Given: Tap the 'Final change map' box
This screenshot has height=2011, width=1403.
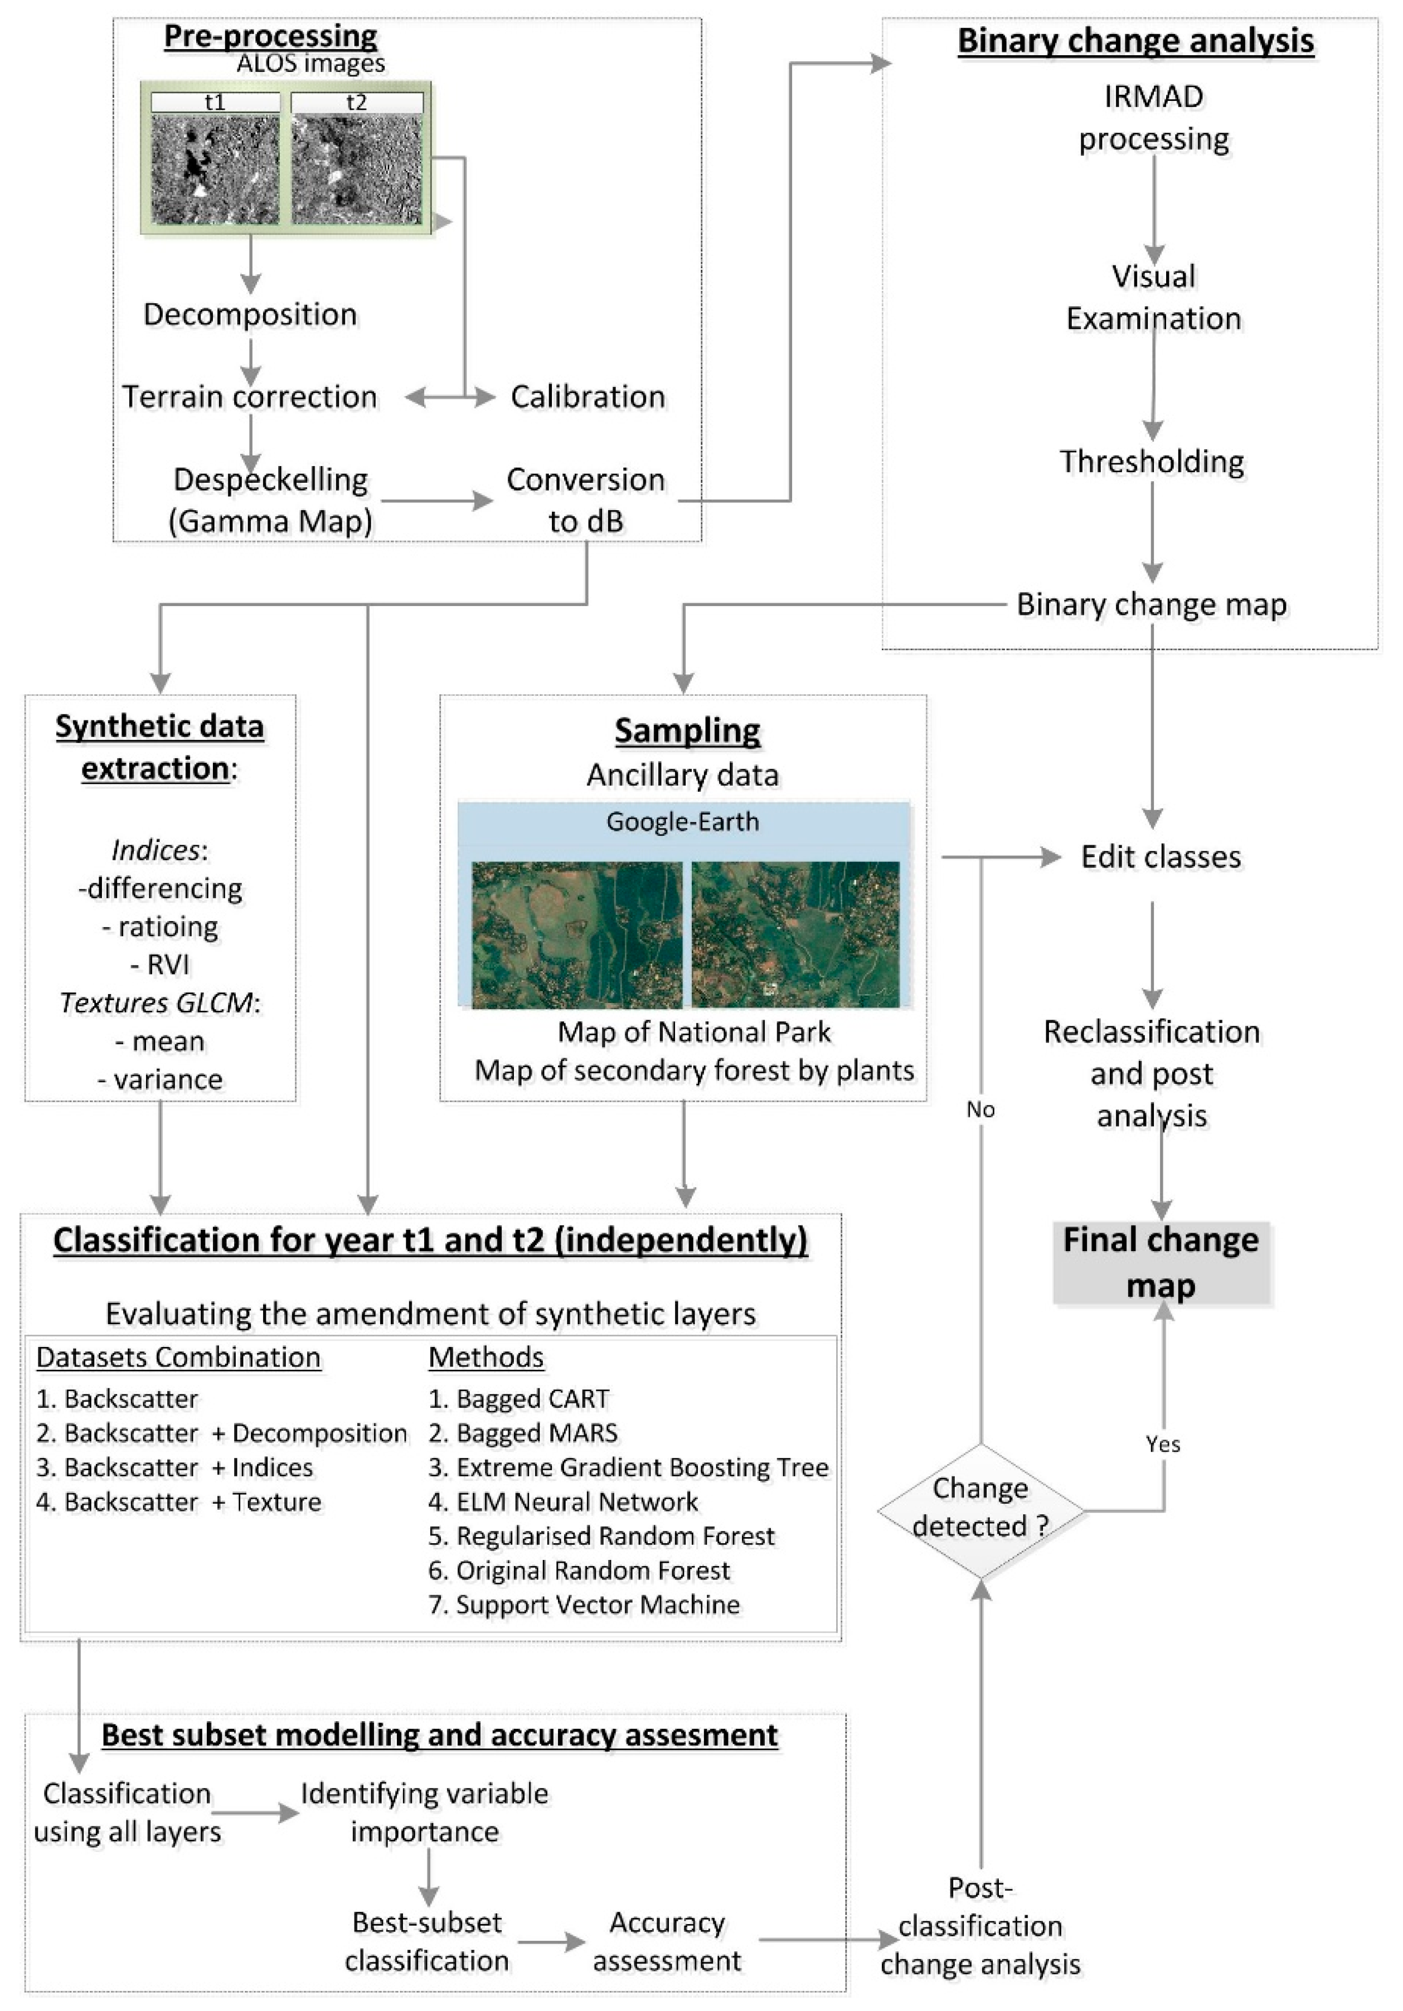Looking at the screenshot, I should (1161, 1263).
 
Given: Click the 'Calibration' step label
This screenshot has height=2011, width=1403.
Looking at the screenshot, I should (588, 397).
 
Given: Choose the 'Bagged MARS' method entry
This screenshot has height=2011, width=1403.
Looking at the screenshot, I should (524, 1432).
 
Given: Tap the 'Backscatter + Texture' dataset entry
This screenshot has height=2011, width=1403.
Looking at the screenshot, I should (179, 1501).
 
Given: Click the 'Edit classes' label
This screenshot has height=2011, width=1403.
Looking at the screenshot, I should (1161, 856).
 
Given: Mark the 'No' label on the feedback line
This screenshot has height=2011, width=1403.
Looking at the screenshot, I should (980, 1109).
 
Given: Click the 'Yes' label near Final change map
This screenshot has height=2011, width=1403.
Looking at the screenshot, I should (1162, 1445).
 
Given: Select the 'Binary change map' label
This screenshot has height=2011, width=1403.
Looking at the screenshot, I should (1151, 604).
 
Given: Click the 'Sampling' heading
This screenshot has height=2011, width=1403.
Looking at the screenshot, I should (687, 730).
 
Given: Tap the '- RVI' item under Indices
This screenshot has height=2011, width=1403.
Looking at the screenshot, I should (161, 965).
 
